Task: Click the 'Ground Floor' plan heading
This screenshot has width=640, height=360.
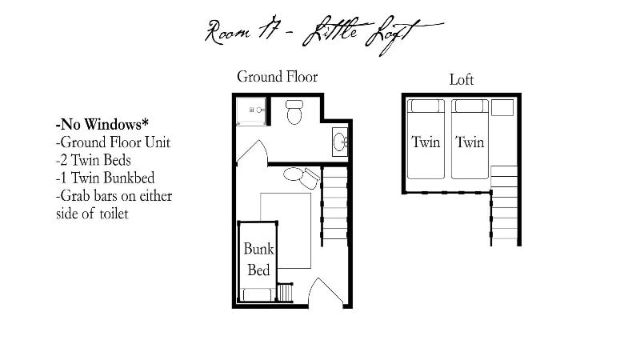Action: point(277,77)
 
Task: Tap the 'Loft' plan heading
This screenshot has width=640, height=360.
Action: point(462,79)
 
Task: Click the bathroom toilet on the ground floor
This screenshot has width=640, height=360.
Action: point(294,112)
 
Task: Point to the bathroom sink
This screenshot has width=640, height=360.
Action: point(339,142)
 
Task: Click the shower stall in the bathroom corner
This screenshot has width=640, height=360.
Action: point(251,111)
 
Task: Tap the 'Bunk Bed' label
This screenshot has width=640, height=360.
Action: point(258,259)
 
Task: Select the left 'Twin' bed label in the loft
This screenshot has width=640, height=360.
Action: point(426,142)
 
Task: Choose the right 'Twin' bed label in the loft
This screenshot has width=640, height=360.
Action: point(470,142)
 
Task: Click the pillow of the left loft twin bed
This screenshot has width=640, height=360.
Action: point(426,106)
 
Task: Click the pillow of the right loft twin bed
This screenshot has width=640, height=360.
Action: point(470,106)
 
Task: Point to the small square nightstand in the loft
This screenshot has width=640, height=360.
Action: point(502,107)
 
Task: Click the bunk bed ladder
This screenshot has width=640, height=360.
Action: point(285,292)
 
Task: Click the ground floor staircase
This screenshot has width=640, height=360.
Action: point(334,206)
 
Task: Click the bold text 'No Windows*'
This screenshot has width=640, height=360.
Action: point(102,124)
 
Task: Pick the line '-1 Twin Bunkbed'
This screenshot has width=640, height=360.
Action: point(105,178)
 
